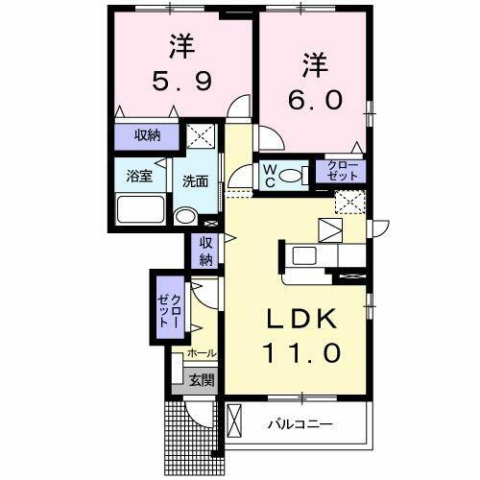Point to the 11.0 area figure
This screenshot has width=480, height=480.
point(300,352)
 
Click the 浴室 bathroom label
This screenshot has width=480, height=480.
point(141,177)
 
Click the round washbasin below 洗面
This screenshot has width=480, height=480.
point(185,218)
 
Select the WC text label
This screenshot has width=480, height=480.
point(271,175)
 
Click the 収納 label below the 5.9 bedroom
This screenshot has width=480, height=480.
point(146,136)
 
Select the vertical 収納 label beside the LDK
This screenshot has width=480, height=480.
point(205,252)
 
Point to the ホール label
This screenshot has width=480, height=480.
point(202,353)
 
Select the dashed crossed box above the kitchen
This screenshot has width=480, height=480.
point(348,201)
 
